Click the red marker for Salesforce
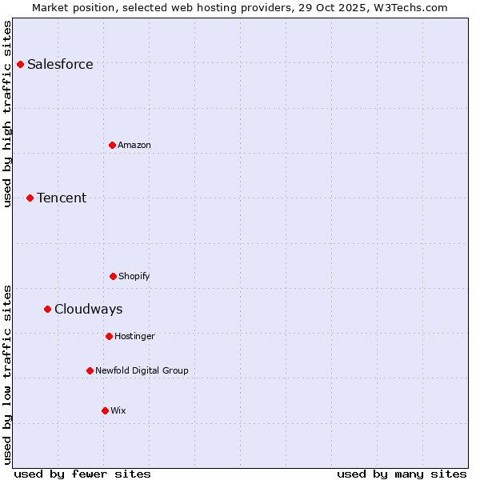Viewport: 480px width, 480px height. (21, 64)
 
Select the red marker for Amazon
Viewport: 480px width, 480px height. (112, 145)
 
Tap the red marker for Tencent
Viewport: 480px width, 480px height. (30, 198)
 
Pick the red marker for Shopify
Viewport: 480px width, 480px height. (113, 276)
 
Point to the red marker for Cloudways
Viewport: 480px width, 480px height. (47, 309)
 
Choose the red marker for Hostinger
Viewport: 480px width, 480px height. (109, 336)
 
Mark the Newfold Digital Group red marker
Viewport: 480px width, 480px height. (90, 370)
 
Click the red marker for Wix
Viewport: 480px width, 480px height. (105, 410)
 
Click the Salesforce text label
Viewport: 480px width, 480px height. (60, 65)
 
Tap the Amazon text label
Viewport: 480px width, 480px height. (134, 146)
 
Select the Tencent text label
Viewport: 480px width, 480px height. (62, 198)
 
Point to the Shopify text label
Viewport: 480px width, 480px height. (134, 277)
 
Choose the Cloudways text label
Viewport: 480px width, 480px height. (89, 310)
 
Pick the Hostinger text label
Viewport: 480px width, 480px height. (134, 337)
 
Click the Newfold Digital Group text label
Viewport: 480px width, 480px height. (142, 371)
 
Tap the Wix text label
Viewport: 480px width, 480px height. (118, 411)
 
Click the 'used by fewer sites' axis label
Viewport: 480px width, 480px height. (82, 474)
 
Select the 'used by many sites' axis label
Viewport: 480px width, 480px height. (402, 474)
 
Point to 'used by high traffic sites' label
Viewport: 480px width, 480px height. (7, 114)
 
